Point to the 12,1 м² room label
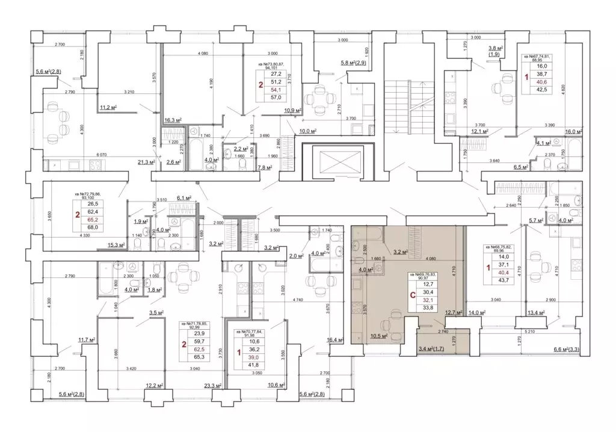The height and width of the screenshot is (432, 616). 479,131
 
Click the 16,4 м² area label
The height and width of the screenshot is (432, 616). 335,341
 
